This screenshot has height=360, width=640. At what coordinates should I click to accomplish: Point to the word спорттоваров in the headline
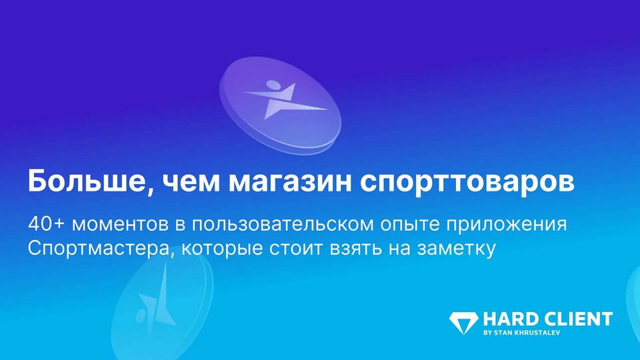pyautogui.click(x=467, y=185)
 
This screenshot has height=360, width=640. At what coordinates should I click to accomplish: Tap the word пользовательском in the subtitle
pyautogui.click(x=283, y=225)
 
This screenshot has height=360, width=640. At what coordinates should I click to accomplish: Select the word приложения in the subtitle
pyautogui.click(x=506, y=226)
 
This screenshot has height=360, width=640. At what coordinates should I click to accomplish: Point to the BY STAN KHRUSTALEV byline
pyautogui.click(x=521, y=333)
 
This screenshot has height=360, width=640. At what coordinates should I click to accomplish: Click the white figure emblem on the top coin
pyautogui.click(x=284, y=99)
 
